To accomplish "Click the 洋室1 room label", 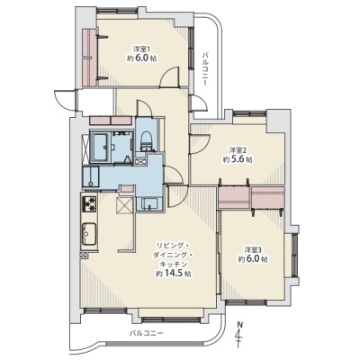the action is pyautogui.click(x=141, y=48).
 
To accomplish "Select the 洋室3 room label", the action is pyautogui.click(x=253, y=249).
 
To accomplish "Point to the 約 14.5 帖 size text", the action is pyautogui.click(x=174, y=274).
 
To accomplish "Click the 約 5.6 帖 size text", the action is pyautogui.click(x=238, y=159).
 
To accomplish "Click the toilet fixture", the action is pyautogui.click(x=146, y=139).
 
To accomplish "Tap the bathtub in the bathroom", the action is pyautogui.click(x=101, y=148).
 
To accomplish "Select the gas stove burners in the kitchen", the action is pyautogui.click(x=89, y=204).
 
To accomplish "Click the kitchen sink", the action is pyautogui.click(x=89, y=234).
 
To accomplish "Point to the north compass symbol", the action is pyautogui.click(x=238, y=335).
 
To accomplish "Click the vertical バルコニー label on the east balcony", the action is pyautogui.click(x=205, y=68).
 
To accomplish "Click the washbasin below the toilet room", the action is pyautogui.click(x=149, y=203).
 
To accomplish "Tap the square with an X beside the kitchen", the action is pyautogui.click(x=123, y=206).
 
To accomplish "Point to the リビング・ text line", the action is pyautogui.click(x=172, y=246).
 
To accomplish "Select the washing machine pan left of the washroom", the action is pyautogui.click(x=91, y=177).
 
